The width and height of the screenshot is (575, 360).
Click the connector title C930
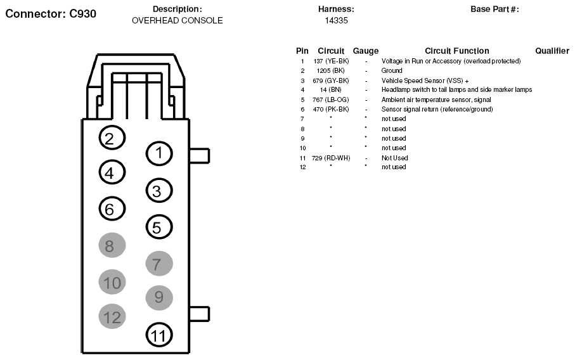51,14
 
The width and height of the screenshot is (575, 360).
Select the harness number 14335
336,20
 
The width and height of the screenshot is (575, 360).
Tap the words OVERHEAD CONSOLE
177,20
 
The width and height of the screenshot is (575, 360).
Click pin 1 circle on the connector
159,153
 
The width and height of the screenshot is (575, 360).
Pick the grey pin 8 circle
112,245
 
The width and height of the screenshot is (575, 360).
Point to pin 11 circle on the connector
159,335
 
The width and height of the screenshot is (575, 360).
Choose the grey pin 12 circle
112,316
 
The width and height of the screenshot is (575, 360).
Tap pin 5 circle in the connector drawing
159,227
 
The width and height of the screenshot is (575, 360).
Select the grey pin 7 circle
159,263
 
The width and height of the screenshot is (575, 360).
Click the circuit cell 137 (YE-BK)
331,61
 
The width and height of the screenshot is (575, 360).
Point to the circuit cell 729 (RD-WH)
331,158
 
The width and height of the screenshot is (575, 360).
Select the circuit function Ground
392,70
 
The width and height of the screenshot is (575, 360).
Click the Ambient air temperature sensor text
436,100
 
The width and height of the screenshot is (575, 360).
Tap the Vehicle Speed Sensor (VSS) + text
425,80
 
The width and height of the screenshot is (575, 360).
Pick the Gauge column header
366,51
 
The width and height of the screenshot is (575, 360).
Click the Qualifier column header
552,51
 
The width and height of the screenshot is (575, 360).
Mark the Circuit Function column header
457,51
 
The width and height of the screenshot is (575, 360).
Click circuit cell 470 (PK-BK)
331,109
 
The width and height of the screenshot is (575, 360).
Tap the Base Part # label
494,9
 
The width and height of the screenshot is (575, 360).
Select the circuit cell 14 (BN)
330,90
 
